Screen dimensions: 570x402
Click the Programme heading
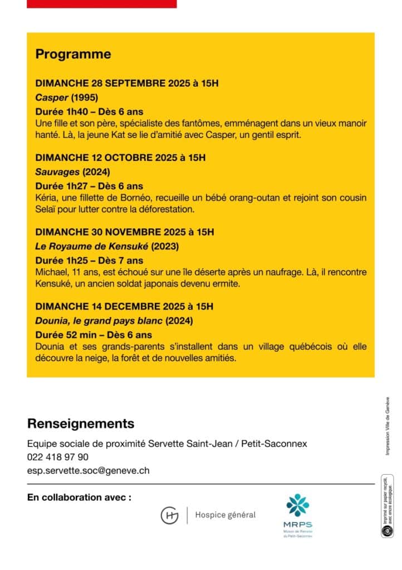pos(73,55)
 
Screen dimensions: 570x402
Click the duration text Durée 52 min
pos(66,335)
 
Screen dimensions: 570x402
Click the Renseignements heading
pos(81,424)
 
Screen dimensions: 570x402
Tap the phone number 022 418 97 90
pos(58,457)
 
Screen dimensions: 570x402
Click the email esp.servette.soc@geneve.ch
pos(88,470)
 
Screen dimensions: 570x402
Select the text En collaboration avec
pos(79,497)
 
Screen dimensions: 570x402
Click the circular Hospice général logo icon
pos(169,515)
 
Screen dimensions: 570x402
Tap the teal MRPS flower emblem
pos(298,505)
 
